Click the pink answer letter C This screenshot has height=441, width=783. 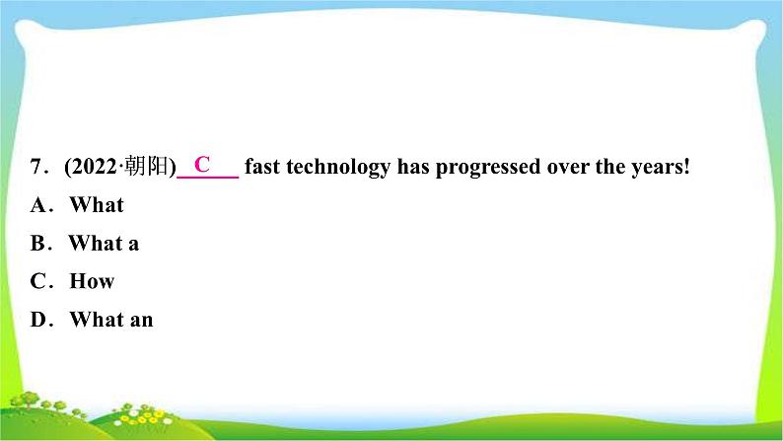tap(202, 164)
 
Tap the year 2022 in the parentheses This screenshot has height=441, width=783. tap(94, 167)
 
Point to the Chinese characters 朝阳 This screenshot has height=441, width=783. tap(147, 166)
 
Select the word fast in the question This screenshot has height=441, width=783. tap(261, 167)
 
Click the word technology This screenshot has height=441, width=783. tap(338, 168)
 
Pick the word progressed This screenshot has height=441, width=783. tap(488, 168)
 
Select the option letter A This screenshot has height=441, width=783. tap(38, 205)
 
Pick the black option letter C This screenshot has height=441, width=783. tap(37, 281)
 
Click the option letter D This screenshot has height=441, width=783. tap(38, 320)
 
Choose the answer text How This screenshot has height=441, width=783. tap(92, 281)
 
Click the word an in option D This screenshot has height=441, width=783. tap(141, 321)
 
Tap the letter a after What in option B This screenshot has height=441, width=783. tap(133, 245)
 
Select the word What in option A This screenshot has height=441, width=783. tap(97, 205)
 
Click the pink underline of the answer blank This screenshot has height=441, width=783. tap(208, 177)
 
